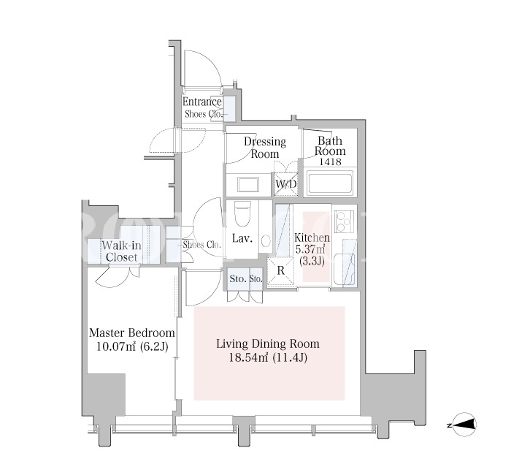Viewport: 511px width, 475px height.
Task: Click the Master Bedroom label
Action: point(132,333)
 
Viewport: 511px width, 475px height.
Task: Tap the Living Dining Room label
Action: point(268,344)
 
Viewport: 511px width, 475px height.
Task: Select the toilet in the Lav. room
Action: point(242,213)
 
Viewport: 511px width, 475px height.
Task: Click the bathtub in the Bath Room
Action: point(330,183)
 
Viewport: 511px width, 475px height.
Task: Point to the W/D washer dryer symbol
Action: point(286,184)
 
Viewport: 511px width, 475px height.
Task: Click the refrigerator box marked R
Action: point(280,271)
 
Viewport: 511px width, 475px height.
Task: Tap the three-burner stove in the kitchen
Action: point(344,221)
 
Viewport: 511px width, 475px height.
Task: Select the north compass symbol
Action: point(464,425)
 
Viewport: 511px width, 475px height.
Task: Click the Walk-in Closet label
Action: point(121,251)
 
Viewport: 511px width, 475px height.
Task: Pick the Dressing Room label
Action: point(265,148)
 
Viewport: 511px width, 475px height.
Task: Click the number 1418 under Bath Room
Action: point(330,161)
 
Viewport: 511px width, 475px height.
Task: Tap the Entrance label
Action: point(202,102)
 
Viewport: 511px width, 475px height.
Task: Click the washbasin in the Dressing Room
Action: point(248,185)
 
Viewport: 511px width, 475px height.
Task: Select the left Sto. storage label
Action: point(238,279)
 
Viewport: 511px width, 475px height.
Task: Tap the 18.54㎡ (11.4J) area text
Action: point(268,358)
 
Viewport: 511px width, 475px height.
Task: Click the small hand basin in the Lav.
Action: point(266,240)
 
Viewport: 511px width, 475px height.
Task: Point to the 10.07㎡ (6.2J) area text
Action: point(132,346)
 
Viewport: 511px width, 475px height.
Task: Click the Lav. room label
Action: point(242,238)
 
